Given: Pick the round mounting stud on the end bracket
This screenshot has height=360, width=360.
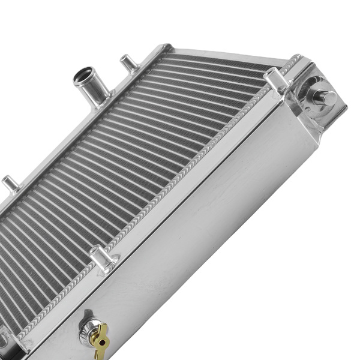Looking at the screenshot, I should click(x=323, y=97).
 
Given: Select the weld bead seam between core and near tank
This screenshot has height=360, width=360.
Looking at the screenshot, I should click(x=180, y=180).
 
